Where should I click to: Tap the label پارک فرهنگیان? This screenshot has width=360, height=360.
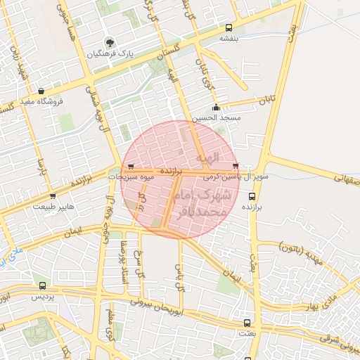pyautogui.click(x=108, y=53)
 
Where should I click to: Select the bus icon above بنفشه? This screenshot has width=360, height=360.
pyautogui.click(x=228, y=28)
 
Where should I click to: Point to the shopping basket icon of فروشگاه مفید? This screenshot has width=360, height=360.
pyautogui.click(x=42, y=91)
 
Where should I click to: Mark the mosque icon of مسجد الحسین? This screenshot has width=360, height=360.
pyautogui.click(x=216, y=108)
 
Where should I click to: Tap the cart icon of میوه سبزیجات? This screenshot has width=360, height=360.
pyautogui.click(x=131, y=166)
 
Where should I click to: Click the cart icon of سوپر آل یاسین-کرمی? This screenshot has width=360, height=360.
pyautogui.click(x=235, y=166)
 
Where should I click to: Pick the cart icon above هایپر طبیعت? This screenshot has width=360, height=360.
pyautogui.click(x=53, y=196)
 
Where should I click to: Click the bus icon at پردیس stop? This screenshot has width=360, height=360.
pyautogui.click(x=44, y=286)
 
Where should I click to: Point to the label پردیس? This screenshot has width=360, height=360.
pyautogui.click(x=44, y=297)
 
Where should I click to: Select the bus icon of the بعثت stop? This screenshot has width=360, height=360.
pyautogui.click(x=246, y=323)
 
